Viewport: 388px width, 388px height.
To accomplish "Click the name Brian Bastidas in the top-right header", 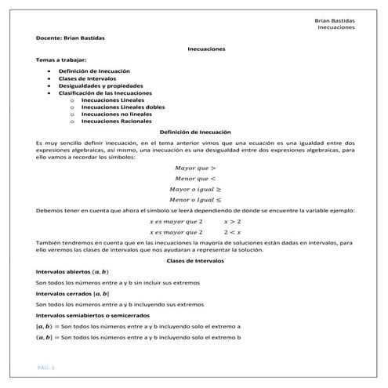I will click(332, 19).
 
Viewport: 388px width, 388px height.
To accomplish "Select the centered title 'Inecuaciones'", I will click(206, 49).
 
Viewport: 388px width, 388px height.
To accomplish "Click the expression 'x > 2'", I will click(232, 223).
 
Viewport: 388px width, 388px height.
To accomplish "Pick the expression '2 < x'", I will click(232, 232).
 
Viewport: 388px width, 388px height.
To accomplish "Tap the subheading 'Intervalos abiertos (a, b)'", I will click(72, 270).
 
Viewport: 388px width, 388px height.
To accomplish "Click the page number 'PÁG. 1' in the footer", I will click(45, 367).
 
